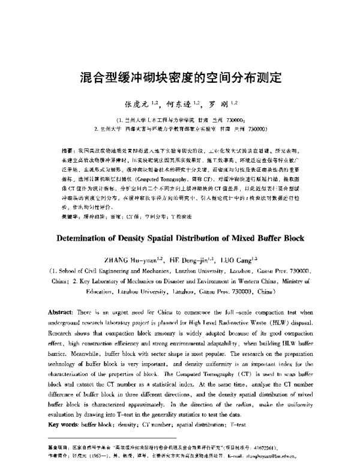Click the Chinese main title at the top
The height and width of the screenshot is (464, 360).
point(180,79)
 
